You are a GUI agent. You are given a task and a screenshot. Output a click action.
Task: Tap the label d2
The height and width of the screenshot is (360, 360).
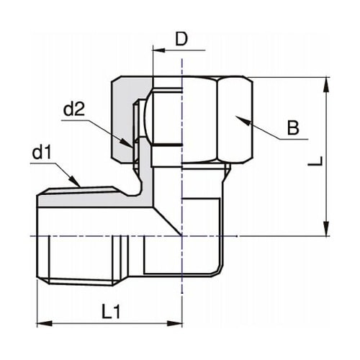coord(74,109)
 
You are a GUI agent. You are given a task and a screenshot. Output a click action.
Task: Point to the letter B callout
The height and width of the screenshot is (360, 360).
coord(292,129)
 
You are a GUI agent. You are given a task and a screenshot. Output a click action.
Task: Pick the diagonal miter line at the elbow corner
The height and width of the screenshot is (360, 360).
coord(167,220)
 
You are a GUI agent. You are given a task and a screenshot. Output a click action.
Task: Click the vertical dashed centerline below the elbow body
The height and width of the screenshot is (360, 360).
coord(182,295)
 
